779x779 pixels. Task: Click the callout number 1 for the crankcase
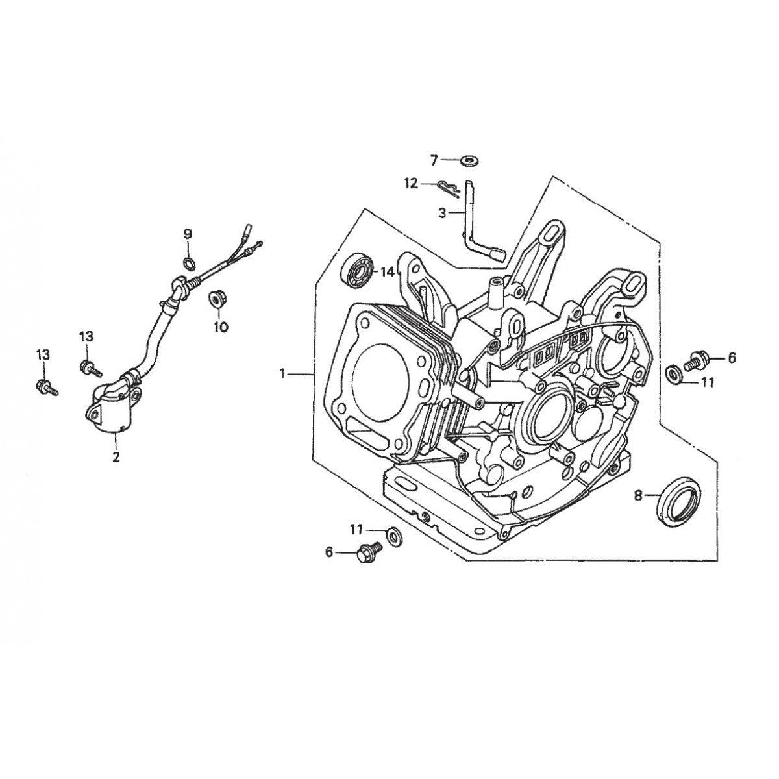[282, 373]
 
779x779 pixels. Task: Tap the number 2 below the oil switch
[116, 457]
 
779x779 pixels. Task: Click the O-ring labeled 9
[188, 262]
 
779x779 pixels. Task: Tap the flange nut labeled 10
[215, 300]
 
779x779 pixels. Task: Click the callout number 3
[441, 212]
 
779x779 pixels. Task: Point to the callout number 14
[388, 272]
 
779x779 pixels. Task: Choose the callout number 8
[638, 496]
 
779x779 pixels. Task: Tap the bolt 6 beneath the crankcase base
[367, 554]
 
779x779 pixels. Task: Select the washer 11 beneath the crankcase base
[393, 535]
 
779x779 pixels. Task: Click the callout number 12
[410, 184]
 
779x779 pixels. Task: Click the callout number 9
[188, 234]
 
